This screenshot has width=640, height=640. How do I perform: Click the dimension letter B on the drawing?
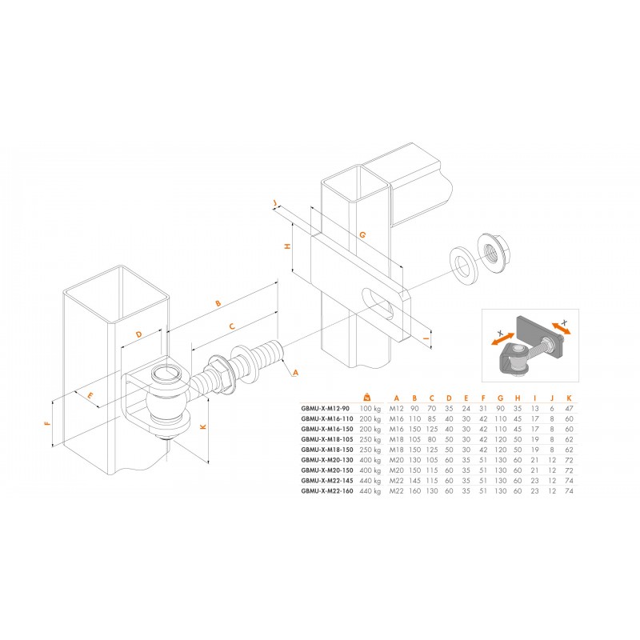pyautogui.click(x=218, y=303)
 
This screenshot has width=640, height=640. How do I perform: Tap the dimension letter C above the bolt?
pyautogui.click(x=232, y=326)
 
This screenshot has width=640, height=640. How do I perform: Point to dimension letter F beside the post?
pyautogui.click(x=48, y=423)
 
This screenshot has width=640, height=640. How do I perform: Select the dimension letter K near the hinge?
pyautogui.click(x=203, y=427)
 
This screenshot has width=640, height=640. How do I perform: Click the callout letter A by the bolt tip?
pyautogui.click(x=295, y=372)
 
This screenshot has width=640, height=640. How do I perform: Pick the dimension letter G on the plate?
pyautogui.click(x=362, y=234)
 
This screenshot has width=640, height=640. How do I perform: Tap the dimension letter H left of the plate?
pyautogui.click(x=288, y=246)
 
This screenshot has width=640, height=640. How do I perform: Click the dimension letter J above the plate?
pyautogui.click(x=275, y=203)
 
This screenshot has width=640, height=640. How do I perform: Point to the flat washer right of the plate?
pyautogui.click(x=463, y=266)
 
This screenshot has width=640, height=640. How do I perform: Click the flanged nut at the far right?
pyautogui.click(x=494, y=254)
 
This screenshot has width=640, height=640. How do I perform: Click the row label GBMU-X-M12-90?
pyautogui.click(x=326, y=408)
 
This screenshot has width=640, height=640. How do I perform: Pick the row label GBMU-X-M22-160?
pyautogui.click(x=327, y=491)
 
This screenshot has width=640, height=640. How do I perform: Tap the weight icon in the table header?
pyautogui.click(x=367, y=397)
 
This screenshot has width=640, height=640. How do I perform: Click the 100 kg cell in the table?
pyautogui.click(x=370, y=409)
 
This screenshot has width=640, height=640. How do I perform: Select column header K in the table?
pyautogui.click(x=569, y=398)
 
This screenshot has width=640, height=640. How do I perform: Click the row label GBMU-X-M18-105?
pyautogui.click(x=327, y=439)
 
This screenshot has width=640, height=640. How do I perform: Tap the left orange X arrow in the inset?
pyautogui.click(x=503, y=338)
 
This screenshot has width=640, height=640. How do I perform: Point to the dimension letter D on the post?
pyautogui.click(x=138, y=334)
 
